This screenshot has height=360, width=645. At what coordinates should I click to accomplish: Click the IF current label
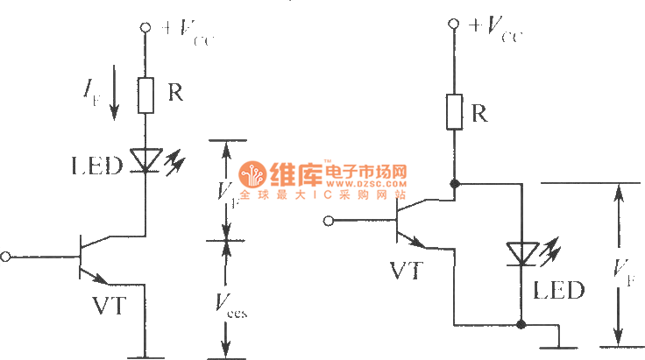coord(91,89)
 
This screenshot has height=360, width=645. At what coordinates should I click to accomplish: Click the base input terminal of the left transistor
coord(7,257)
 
